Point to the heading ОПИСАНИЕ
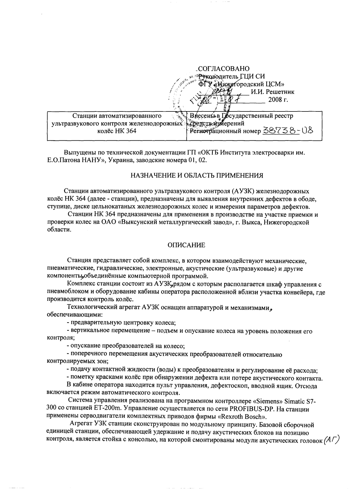coord(186,245)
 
